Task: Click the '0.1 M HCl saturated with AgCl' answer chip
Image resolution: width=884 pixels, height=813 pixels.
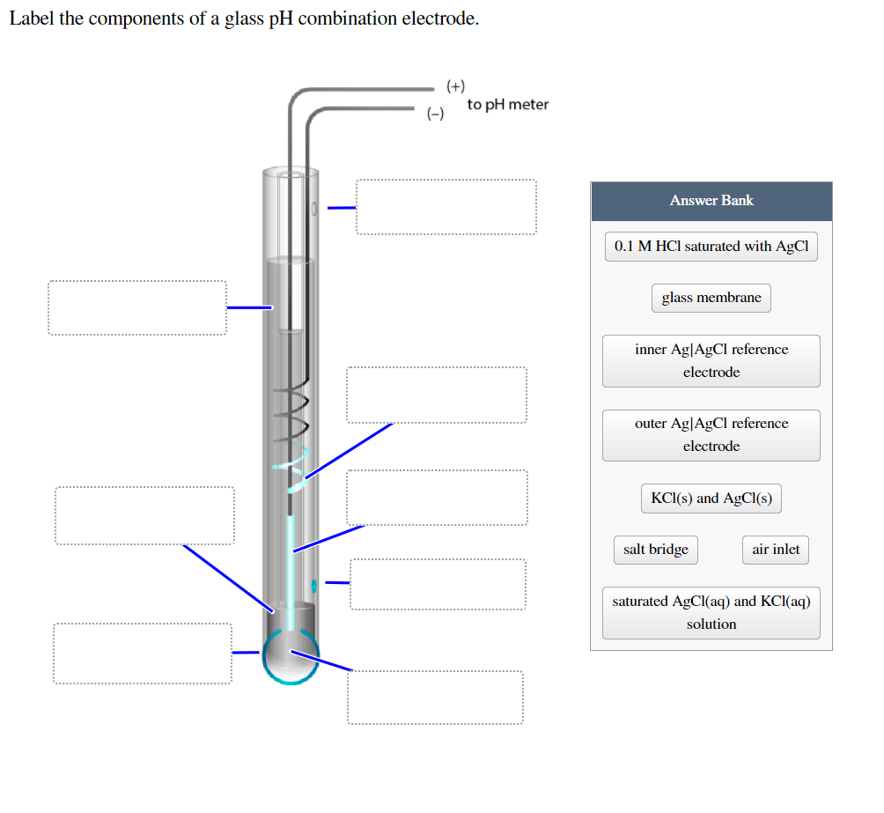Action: point(711,247)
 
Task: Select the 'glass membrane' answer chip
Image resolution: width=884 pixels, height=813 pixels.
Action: point(711,298)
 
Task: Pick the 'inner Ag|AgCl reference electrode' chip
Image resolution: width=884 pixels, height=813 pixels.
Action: point(711,360)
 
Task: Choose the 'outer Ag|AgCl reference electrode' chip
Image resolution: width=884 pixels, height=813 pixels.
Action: point(711,434)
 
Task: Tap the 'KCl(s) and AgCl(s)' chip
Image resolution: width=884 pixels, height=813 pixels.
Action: point(711,499)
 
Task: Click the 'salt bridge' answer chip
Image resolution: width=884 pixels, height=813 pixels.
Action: point(656,550)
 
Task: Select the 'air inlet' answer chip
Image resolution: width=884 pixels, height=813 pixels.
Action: point(776,550)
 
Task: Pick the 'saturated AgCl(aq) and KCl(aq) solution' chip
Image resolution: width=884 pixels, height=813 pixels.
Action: point(711,612)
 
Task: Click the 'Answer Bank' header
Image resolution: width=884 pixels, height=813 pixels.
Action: point(711,201)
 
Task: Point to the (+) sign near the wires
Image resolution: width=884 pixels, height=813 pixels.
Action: point(455,86)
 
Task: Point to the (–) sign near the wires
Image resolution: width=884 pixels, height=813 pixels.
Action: point(435,114)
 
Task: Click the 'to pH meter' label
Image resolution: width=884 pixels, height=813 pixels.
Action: point(508,105)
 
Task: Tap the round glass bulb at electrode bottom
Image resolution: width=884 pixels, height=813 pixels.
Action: point(291,657)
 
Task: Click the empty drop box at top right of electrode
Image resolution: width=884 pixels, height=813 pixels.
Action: point(446,207)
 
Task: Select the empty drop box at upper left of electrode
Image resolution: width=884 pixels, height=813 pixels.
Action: point(136,307)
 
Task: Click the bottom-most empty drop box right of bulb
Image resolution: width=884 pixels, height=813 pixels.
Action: point(435,698)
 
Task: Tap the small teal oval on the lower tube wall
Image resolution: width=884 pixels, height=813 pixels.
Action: point(314,584)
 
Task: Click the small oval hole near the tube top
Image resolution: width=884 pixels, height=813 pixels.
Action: point(313,209)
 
